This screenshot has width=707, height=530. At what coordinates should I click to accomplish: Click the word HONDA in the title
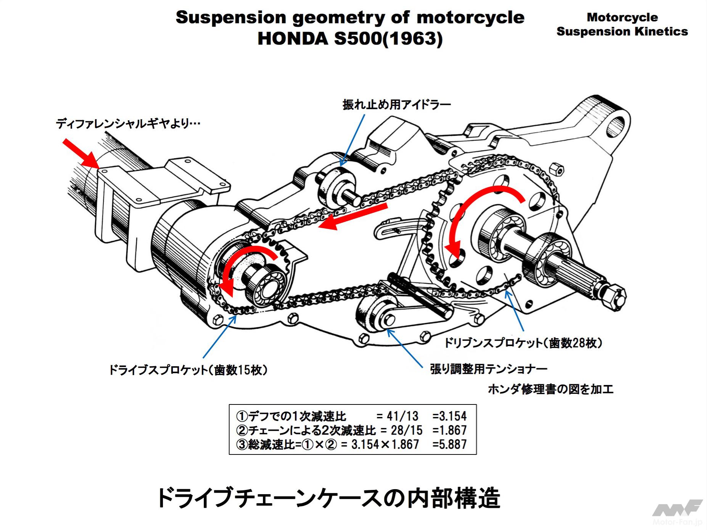point(293,39)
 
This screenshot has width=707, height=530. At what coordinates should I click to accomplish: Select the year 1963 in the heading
point(413,39)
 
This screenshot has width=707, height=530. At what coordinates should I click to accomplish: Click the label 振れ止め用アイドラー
point(396,104)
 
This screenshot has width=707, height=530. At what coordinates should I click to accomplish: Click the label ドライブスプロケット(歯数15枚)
point(188,370)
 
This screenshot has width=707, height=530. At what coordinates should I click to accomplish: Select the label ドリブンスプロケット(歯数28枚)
point(523,343)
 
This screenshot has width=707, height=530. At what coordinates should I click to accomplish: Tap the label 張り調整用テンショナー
point(488,369)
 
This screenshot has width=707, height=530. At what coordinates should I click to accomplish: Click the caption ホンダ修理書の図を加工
point(551,389)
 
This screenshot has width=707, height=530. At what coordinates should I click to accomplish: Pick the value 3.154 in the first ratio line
point(449,416)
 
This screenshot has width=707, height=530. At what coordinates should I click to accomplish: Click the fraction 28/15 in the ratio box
point(407,430)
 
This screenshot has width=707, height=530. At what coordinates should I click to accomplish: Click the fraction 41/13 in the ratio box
point(403,416)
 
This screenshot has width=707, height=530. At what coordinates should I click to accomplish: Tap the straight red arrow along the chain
point(353,216)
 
